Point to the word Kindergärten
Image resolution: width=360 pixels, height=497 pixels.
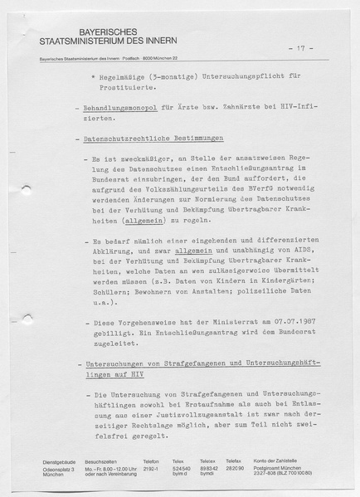pyautogui.click(x=259, y=280)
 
